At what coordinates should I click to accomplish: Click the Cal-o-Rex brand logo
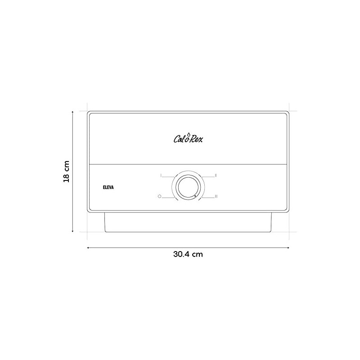pos(188,138)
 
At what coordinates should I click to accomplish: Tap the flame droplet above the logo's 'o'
pos(189,134)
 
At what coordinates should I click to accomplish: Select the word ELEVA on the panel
pos(108,187)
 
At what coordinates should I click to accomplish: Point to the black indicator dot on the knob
pos(195,196)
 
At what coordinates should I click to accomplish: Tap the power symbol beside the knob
pos(160,196)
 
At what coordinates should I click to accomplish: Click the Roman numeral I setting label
pos(161,175)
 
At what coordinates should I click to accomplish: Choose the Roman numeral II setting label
pos(216,175)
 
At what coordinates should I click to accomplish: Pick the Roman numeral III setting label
pos(216,196)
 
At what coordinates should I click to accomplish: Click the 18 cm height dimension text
pos(66,171)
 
